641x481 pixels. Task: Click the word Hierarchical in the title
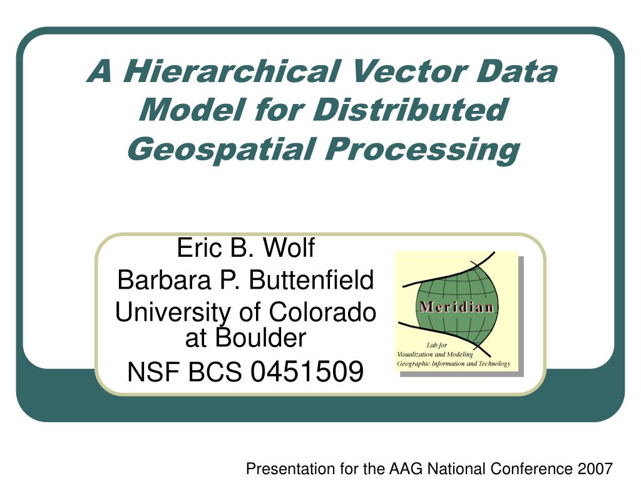pyautogui.click(x=232, y=71)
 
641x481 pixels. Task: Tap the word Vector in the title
pyautogui.click(x=408, y=71)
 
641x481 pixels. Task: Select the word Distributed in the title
pyautogui.click(x=411, y=110)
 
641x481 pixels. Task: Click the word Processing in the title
pyautogui.click(x=423, y=150)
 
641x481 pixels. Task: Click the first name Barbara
pyautogui.click(x=165, y=280)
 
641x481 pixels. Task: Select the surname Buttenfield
pyautogui.click(x=311, y=280)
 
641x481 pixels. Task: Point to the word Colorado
pyautogui.click(x=322, y=312)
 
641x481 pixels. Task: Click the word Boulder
pyautogui.click(x=260, y=338)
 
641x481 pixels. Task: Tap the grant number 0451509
pyautogui.click(x=307, y=371)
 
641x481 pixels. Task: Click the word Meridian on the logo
pyautogui.click(x=456, y=307)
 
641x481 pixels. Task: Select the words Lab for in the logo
pyautogui.click(x=436, y=345)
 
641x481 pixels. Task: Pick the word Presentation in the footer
pyautogui.click(x=290, y=468)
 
